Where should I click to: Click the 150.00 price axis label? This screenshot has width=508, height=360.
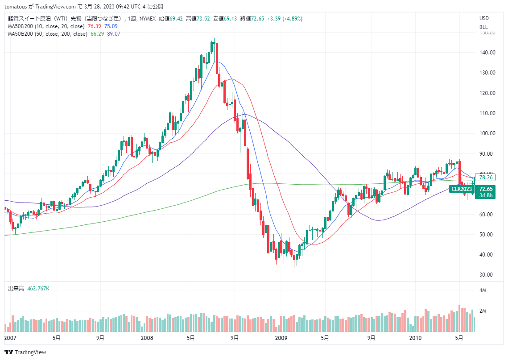coord(487,33)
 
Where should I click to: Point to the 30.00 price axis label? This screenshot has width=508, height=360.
coord(487,275)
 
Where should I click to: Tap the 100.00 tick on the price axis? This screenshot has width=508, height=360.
coord(487,133)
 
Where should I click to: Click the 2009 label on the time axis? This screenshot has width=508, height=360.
coord(281,338)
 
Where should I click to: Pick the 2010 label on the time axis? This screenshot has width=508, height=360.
coord(416,338)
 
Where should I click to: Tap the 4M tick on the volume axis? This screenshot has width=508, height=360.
coord(483,290)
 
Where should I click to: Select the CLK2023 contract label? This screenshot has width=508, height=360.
coord(461,189)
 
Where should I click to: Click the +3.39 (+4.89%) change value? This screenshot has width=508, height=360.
coord(285,19)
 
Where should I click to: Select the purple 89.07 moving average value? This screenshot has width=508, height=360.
coord(114,34)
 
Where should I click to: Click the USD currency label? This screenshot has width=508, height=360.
coord(484,18)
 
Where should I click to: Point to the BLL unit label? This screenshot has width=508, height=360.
coord(483,27)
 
